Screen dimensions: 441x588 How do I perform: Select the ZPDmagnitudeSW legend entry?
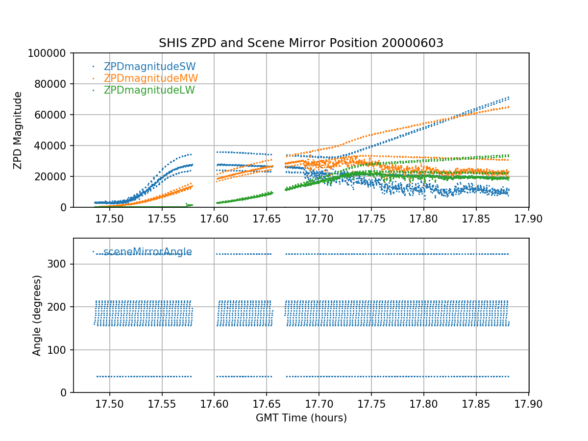149,67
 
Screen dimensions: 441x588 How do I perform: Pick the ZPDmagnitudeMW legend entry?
150,78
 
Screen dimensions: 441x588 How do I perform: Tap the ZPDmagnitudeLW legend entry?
149,90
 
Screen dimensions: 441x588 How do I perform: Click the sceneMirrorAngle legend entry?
147,252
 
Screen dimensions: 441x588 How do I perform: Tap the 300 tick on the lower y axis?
59,264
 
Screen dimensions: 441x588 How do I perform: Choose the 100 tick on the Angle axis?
59,350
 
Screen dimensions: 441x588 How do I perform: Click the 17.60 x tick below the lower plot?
214,404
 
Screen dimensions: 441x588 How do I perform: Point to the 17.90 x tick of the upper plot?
529,219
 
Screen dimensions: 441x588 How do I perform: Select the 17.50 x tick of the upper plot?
109,219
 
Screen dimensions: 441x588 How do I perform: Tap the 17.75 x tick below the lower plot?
371,404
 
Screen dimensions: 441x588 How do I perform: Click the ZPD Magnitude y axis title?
18,130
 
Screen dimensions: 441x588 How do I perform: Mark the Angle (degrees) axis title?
37,315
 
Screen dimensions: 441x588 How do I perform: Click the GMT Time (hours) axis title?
301,418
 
